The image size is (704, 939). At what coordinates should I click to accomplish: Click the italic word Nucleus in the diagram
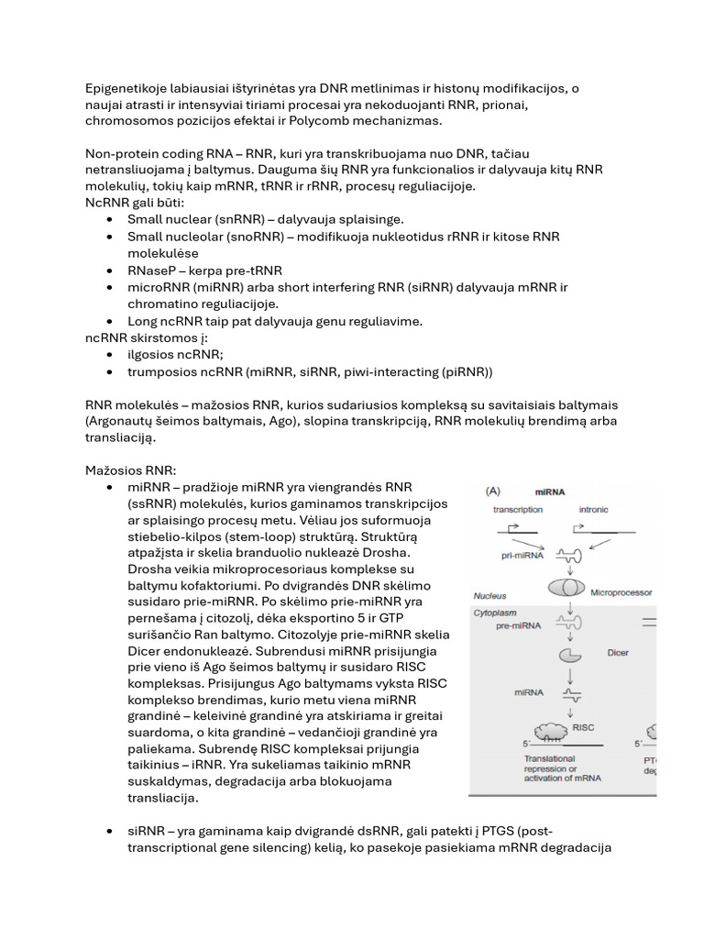point(490,596)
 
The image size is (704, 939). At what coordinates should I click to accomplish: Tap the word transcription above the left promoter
point(518,509)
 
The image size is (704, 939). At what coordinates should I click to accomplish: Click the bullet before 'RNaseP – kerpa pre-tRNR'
point(109,271)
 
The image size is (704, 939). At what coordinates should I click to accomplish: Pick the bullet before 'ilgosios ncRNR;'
point(109,354)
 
